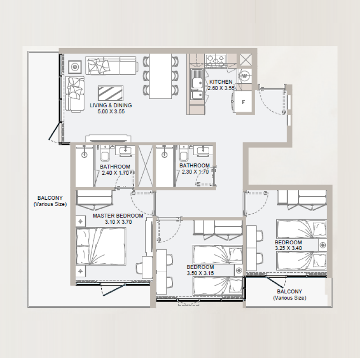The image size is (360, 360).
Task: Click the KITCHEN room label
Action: [221, 82]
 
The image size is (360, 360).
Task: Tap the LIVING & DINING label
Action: [111, 105]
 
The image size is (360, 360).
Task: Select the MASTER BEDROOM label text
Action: [118, 216]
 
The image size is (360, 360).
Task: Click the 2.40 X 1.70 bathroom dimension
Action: [115, 172]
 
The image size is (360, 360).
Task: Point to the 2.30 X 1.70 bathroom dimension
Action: [194, 171]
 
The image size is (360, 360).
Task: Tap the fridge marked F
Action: [243, 102]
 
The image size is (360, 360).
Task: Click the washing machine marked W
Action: [245, 76]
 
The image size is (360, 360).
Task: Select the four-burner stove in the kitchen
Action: [216, 59]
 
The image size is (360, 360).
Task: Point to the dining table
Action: [161, 76]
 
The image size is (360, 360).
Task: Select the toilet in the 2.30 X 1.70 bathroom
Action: [184, 156]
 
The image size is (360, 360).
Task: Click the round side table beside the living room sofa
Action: [75, 67]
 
